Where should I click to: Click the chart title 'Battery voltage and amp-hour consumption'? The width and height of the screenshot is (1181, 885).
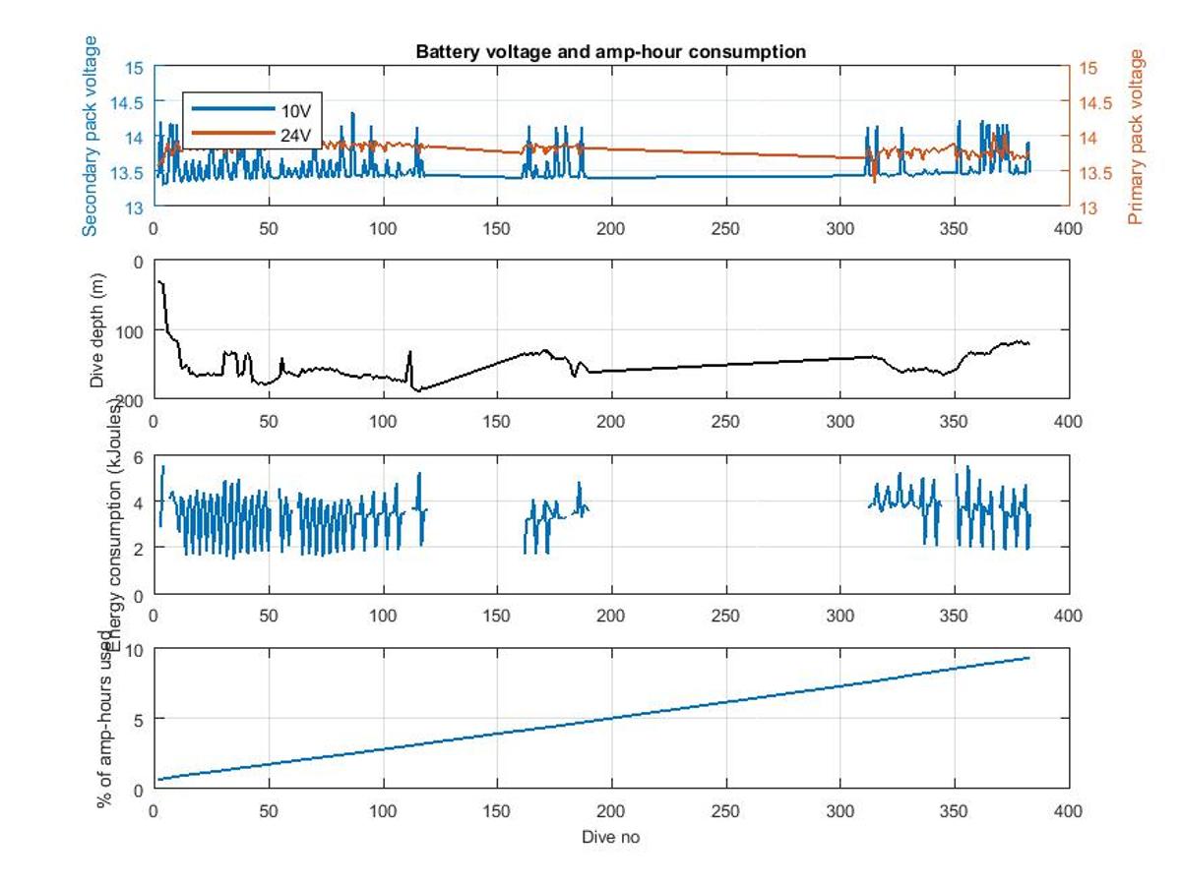tap(610, 51)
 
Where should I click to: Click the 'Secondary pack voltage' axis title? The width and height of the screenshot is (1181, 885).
tap(91, 136)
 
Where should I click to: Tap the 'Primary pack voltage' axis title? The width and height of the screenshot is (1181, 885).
tap(1138, 137)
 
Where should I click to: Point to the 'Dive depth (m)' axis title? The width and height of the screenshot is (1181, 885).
tap(97, 328)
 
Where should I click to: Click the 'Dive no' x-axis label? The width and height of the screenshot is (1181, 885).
tap(610, 837)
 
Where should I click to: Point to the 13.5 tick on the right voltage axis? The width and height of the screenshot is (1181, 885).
tap(1094, 173)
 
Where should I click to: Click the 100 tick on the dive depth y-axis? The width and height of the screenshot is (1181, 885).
tap(132, 330)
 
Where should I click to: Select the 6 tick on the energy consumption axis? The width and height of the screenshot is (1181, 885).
tap(139, 458)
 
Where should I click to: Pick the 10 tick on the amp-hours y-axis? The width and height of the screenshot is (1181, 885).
tap(135, 650)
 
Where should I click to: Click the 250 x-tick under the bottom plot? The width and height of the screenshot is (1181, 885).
tap(725, 811)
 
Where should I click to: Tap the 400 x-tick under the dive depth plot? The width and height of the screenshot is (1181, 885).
tap(1068, 422)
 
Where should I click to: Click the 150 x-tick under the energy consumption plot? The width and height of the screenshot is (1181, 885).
tap(496, 617)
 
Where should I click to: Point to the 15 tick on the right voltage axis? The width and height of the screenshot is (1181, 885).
tap(1088, 68)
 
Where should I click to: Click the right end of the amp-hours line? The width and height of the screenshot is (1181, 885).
tap(1029, 658)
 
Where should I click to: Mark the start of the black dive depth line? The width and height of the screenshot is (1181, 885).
tap(158, 281)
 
